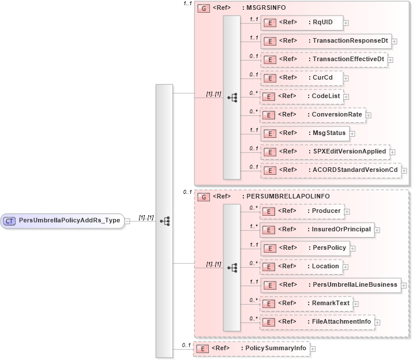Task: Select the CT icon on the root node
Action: (10, 220)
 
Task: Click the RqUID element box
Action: (301, 22)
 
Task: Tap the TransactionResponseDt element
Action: (326, 40)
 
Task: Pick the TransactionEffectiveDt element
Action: (322, 59)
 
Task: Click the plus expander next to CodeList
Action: (346, 96)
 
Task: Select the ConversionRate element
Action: (312, 115)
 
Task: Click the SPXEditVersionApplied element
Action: (324, 152)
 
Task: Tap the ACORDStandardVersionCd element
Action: (329, 170)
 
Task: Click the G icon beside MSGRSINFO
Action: (203, 9)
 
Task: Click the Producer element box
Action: (301, 211)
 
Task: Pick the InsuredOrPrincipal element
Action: (316, 230)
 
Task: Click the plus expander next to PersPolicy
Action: (352, 249)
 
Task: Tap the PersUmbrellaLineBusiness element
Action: (329, 284)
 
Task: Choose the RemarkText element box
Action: (305, 303)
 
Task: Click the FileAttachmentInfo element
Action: (317, 321)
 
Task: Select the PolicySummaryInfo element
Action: (251, 348)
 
